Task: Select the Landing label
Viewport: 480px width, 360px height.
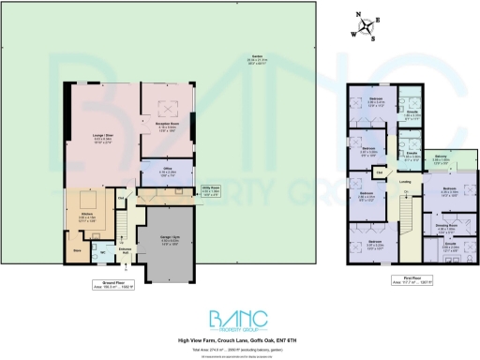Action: pos(405,182)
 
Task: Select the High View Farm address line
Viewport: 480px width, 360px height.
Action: pos(239,338)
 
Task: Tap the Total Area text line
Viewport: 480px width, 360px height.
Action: pos(239,347)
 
